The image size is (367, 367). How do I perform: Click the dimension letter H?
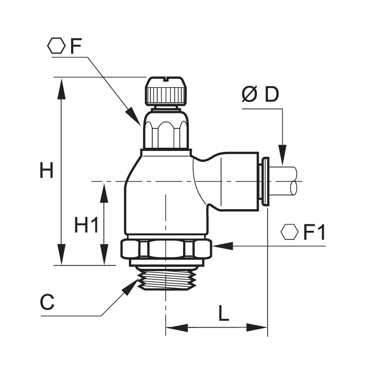click(47, 170)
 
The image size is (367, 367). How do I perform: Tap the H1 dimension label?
click(86, 224)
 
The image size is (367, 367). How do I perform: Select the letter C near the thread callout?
click(48, 302)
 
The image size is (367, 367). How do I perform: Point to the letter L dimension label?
click(224, 313)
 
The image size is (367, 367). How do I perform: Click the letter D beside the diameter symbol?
click(272, 94)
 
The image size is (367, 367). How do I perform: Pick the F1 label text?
click(314, 233)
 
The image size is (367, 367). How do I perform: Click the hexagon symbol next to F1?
click(289, 232)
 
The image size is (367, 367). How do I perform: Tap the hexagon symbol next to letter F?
click(56, 45)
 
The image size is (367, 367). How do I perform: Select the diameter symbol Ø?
click(250, 94)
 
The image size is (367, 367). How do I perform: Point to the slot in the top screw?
click(166, 79)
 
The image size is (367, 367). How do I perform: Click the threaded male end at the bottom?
click(166, 280)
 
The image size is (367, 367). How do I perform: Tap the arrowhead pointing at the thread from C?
click(130, 287)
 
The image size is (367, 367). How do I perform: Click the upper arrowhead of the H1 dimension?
click(104, 193)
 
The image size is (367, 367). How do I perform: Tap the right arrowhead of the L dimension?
click(257, 328)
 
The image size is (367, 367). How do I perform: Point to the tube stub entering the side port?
click(284, 181)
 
